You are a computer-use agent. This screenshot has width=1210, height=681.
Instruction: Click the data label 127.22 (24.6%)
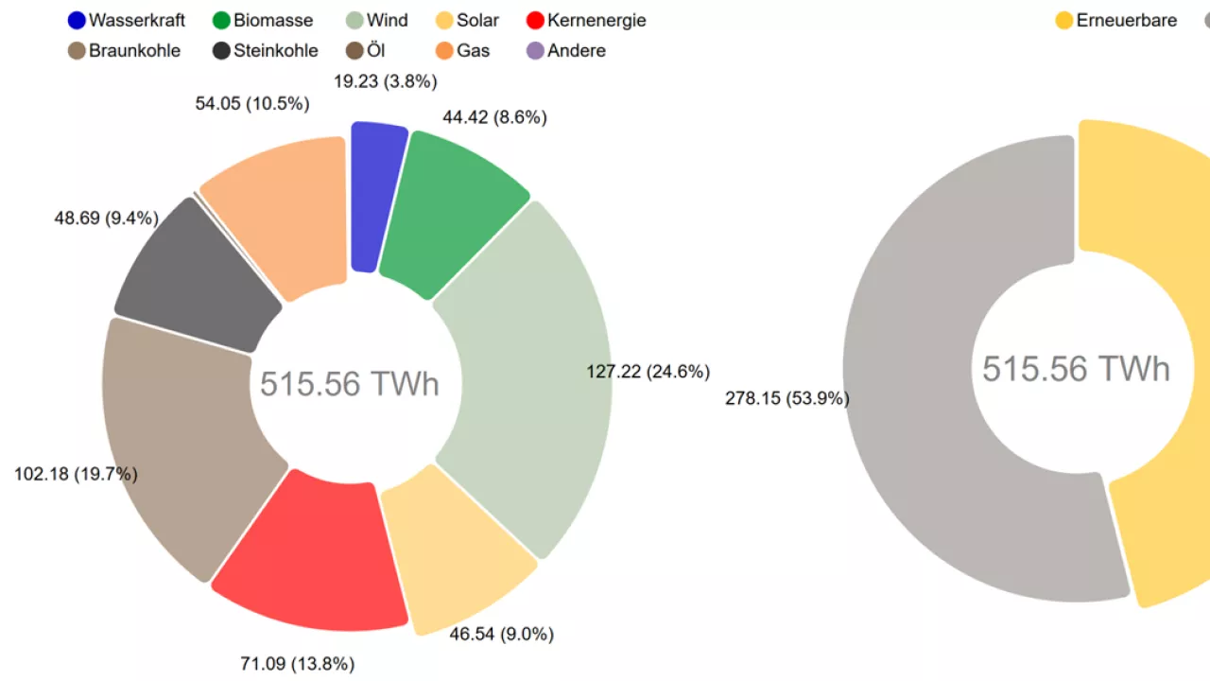(648, 372)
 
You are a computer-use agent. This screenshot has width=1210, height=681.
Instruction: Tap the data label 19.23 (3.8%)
(385, 81)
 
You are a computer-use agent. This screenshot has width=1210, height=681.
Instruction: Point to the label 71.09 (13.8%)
(297, 664)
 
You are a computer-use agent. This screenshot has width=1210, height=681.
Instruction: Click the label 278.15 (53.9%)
(786, 398)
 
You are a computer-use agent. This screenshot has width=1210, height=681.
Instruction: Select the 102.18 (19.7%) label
(76, 474)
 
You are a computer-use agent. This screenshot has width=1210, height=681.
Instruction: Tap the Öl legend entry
(374, 50)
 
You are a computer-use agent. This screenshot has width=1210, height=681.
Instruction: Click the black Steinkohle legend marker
(222, 50)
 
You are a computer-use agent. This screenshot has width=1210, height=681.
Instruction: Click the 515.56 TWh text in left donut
(350, 384)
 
